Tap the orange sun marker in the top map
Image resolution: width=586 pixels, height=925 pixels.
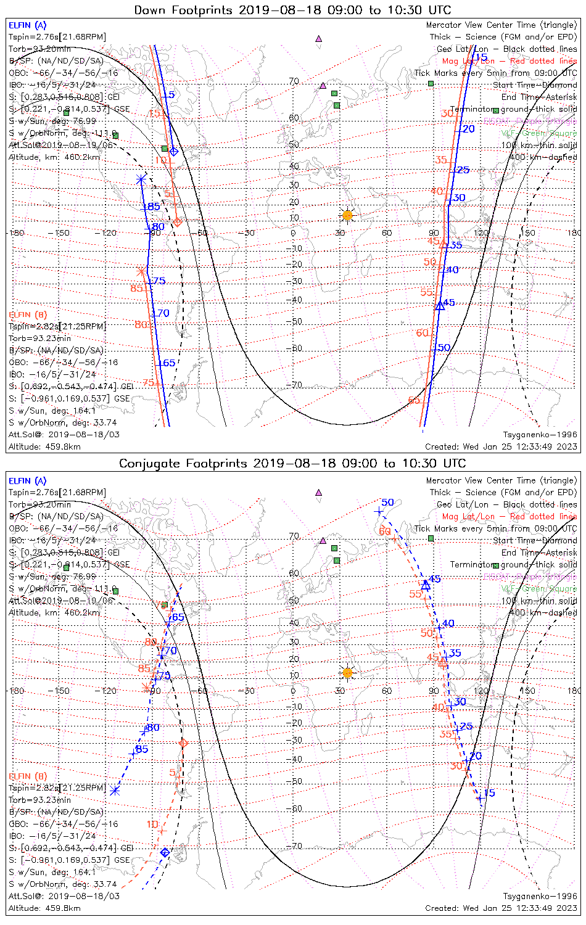(x=347, y=215)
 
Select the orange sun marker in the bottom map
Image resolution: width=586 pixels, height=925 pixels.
(x=347, y=672)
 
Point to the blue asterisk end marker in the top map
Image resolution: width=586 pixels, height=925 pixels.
(x=141, y=179)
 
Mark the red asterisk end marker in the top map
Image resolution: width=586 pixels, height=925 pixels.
(x=142, y=271)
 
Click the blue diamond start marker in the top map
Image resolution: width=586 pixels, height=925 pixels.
(x=174, y=151)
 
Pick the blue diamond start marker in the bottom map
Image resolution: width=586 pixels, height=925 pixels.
(x=165, y=852)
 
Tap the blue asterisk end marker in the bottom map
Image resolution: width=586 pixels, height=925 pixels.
(x=115, y=790)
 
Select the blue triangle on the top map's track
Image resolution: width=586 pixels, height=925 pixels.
(x=440, y=305)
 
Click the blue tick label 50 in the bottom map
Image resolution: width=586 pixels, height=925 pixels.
(x=387, y=503)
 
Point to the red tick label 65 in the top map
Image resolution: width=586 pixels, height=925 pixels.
(x=414, y=400)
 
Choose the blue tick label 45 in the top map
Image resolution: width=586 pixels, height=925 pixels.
(x=449, y=303)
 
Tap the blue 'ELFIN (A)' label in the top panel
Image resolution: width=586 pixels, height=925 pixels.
(x=27, y=25)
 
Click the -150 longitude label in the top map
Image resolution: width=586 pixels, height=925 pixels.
(x=62, y=233)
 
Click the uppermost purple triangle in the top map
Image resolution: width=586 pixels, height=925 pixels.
(x=319, y=38)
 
